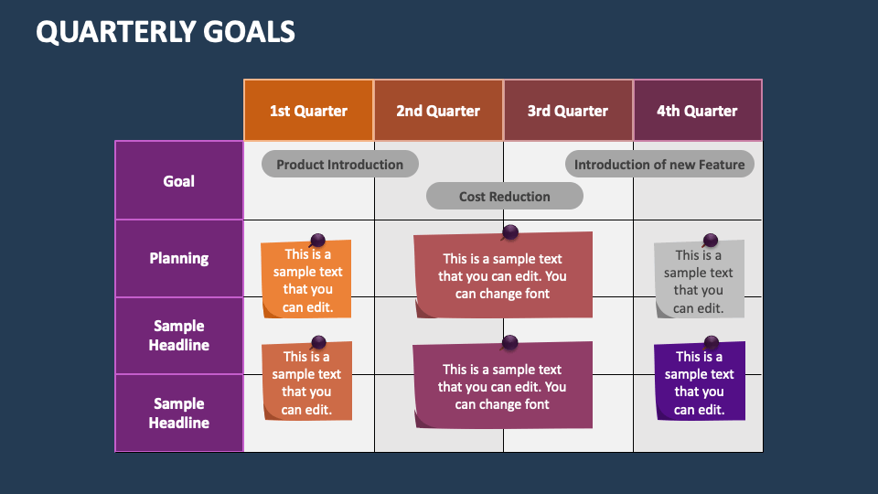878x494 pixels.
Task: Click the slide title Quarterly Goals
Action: (x=166, y=32)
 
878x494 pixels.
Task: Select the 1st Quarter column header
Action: (x=308, y=111)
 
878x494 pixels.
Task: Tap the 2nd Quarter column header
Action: (x=438, y=111)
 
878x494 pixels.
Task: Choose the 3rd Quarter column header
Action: (x=568, y=111)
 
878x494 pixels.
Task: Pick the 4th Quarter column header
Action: (x=697, y=111)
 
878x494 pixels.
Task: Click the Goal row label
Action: (x=179, y=181)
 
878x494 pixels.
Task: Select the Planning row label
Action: (x=179, y=258)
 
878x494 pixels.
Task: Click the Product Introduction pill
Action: (x=339, y=165)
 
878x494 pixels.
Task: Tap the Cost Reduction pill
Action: (x=504, y=196)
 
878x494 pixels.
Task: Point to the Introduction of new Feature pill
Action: (x=659, y=165)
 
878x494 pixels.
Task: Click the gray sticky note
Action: (x=699, y=282)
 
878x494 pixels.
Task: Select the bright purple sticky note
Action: (x=699, y=382)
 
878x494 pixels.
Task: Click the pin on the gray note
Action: (x=711, y=242)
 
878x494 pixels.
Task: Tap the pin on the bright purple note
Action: (x=711, y=343)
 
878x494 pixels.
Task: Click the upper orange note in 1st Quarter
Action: (x=307, y=282)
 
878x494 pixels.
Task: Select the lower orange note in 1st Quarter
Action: (x=307, y=383)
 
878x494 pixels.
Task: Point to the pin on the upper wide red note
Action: (x=510, y=231)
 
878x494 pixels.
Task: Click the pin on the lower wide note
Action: (x=510, y=343)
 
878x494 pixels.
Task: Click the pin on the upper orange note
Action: (x=317, y=241)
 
